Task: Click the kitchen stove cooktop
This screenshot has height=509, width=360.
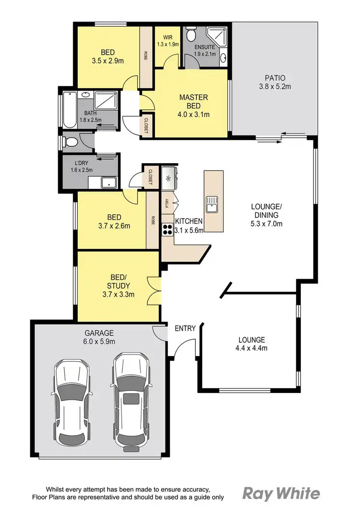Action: click(x=168, y=229)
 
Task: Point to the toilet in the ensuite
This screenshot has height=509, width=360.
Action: click(x=192, y=35)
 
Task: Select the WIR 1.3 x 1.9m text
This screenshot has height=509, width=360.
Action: click(x=168, y=40)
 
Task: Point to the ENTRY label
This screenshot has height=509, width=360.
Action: click(x=185, y=328)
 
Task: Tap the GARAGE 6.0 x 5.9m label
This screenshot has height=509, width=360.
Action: click(x=100, y=337)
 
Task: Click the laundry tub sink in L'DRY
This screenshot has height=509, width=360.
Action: click(x=109, y=182)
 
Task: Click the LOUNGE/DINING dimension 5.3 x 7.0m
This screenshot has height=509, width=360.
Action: click(x=266, y=224)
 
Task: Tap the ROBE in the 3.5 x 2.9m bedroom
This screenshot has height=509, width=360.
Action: click(x=145, y=55)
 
